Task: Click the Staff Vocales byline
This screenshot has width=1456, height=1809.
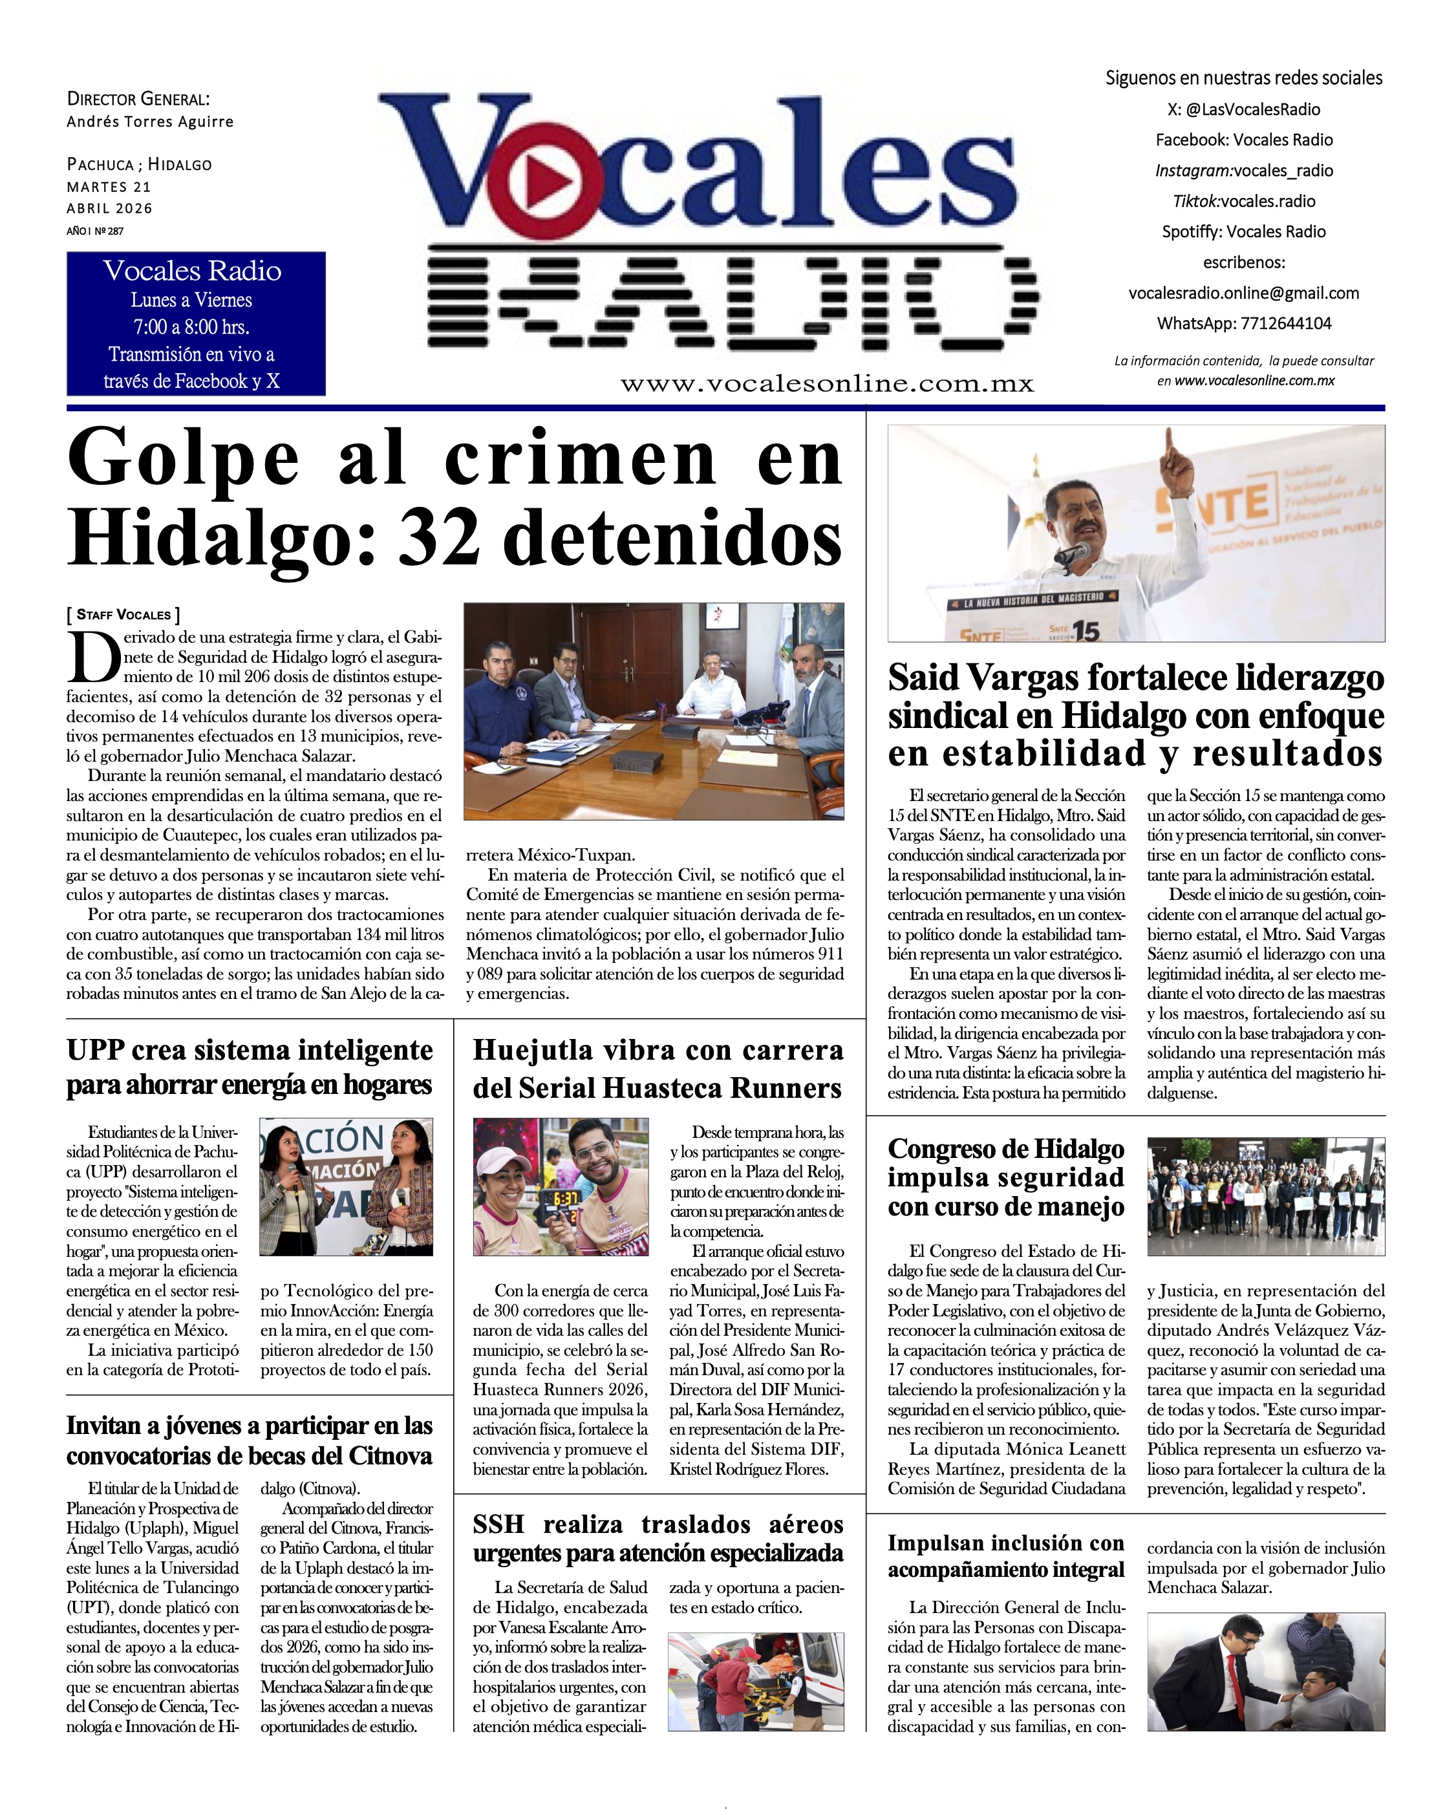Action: [x=123, y=614]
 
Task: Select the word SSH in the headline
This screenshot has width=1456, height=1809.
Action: [x=498, y=1524]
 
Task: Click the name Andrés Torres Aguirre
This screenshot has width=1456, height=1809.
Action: [x=150, y=122]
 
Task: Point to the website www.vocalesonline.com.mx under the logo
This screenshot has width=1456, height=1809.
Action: [x=827, y=383]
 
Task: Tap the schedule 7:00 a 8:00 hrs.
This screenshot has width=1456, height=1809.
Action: [x=191, y=326]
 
